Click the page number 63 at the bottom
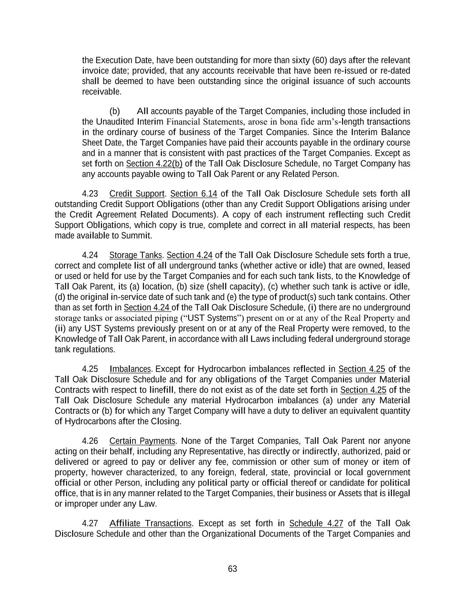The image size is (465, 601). [232, 569]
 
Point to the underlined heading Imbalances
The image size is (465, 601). [130, 369]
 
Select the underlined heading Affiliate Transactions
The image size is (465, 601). [150, 524]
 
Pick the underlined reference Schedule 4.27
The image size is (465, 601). [316, 524]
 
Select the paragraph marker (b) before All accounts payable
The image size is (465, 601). [114, 111]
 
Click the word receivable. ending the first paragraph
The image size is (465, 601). [101, 92]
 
